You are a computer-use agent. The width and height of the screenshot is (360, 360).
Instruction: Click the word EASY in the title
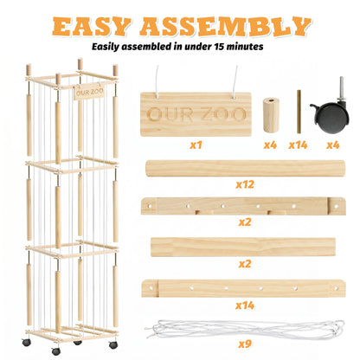point(91,26)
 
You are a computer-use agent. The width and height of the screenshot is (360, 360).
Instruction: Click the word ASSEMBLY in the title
point(225,26)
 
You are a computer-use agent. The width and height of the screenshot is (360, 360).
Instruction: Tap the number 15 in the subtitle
point(220,47)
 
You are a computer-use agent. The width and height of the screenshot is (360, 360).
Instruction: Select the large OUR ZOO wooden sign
point(196,114)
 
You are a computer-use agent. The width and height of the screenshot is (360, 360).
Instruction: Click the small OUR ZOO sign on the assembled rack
point(89,93)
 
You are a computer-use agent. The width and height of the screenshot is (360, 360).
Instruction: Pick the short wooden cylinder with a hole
point(271,115)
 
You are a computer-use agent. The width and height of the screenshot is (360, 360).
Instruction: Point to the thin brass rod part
point(299,112)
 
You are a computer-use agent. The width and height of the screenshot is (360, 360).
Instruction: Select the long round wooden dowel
point(246,169)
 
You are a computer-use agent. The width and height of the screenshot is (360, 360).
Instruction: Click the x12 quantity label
point(245,184)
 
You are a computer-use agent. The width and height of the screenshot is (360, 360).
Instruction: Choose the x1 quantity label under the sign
point(196,145)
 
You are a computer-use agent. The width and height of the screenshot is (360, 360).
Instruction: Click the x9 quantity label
point(245,344)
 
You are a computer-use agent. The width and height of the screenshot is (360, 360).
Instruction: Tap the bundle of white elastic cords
point(245,329)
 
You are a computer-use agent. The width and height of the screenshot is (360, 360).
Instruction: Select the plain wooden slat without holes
point(243,247)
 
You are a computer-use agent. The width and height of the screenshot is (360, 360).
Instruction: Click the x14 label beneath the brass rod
point(298,145)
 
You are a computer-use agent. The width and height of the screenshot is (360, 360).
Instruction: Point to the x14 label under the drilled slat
point(245,305)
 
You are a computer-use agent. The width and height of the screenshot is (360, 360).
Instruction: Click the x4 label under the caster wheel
point(332,145)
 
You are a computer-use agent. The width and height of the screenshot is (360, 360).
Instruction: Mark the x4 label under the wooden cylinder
point(270,145)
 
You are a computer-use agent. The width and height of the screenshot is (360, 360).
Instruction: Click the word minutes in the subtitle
point(245,47)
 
